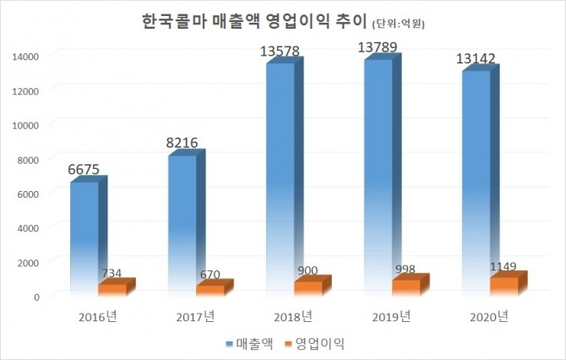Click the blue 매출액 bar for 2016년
[84, 237]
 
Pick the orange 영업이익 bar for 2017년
[209, 290]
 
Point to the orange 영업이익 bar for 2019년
[405, 286]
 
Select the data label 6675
[84, 170]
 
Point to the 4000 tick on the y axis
[29, 227]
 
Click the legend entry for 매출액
[248, 343]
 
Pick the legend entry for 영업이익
[313, 343]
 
